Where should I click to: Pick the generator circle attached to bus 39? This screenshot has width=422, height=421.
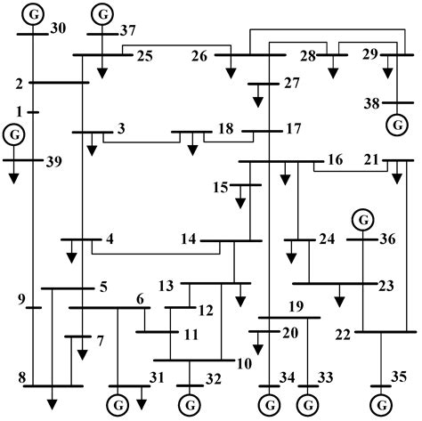click(14, 135)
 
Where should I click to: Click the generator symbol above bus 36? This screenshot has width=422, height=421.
click(361, 218)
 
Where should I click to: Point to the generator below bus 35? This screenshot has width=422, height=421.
click(381, 405)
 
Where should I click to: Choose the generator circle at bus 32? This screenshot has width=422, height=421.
click(188, 405)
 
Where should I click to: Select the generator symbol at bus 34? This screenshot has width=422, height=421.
click(268, 405)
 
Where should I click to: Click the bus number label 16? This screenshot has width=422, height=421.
click(335, 160)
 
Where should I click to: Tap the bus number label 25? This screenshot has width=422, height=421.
click(144, 57)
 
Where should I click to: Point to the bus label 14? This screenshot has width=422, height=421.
click(187, 239)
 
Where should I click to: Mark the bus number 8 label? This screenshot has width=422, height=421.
click(20, 377)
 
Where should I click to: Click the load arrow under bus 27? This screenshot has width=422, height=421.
click(258, 101)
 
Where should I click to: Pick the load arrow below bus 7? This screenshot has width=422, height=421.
click(81, 352)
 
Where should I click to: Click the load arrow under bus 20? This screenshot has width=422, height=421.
click(258, 348)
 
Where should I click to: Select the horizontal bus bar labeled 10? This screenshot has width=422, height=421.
click(192, 361)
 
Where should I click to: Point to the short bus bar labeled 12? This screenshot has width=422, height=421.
click(182, 308)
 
